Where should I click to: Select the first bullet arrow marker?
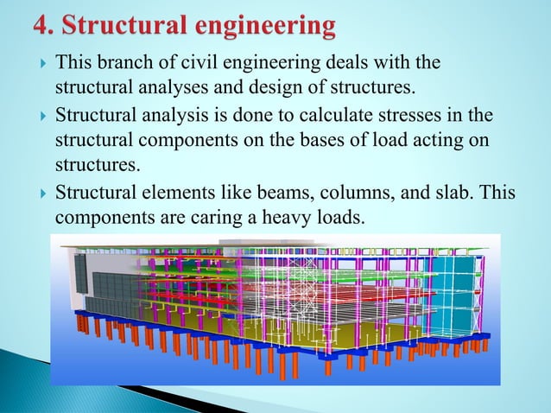point(40,62)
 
